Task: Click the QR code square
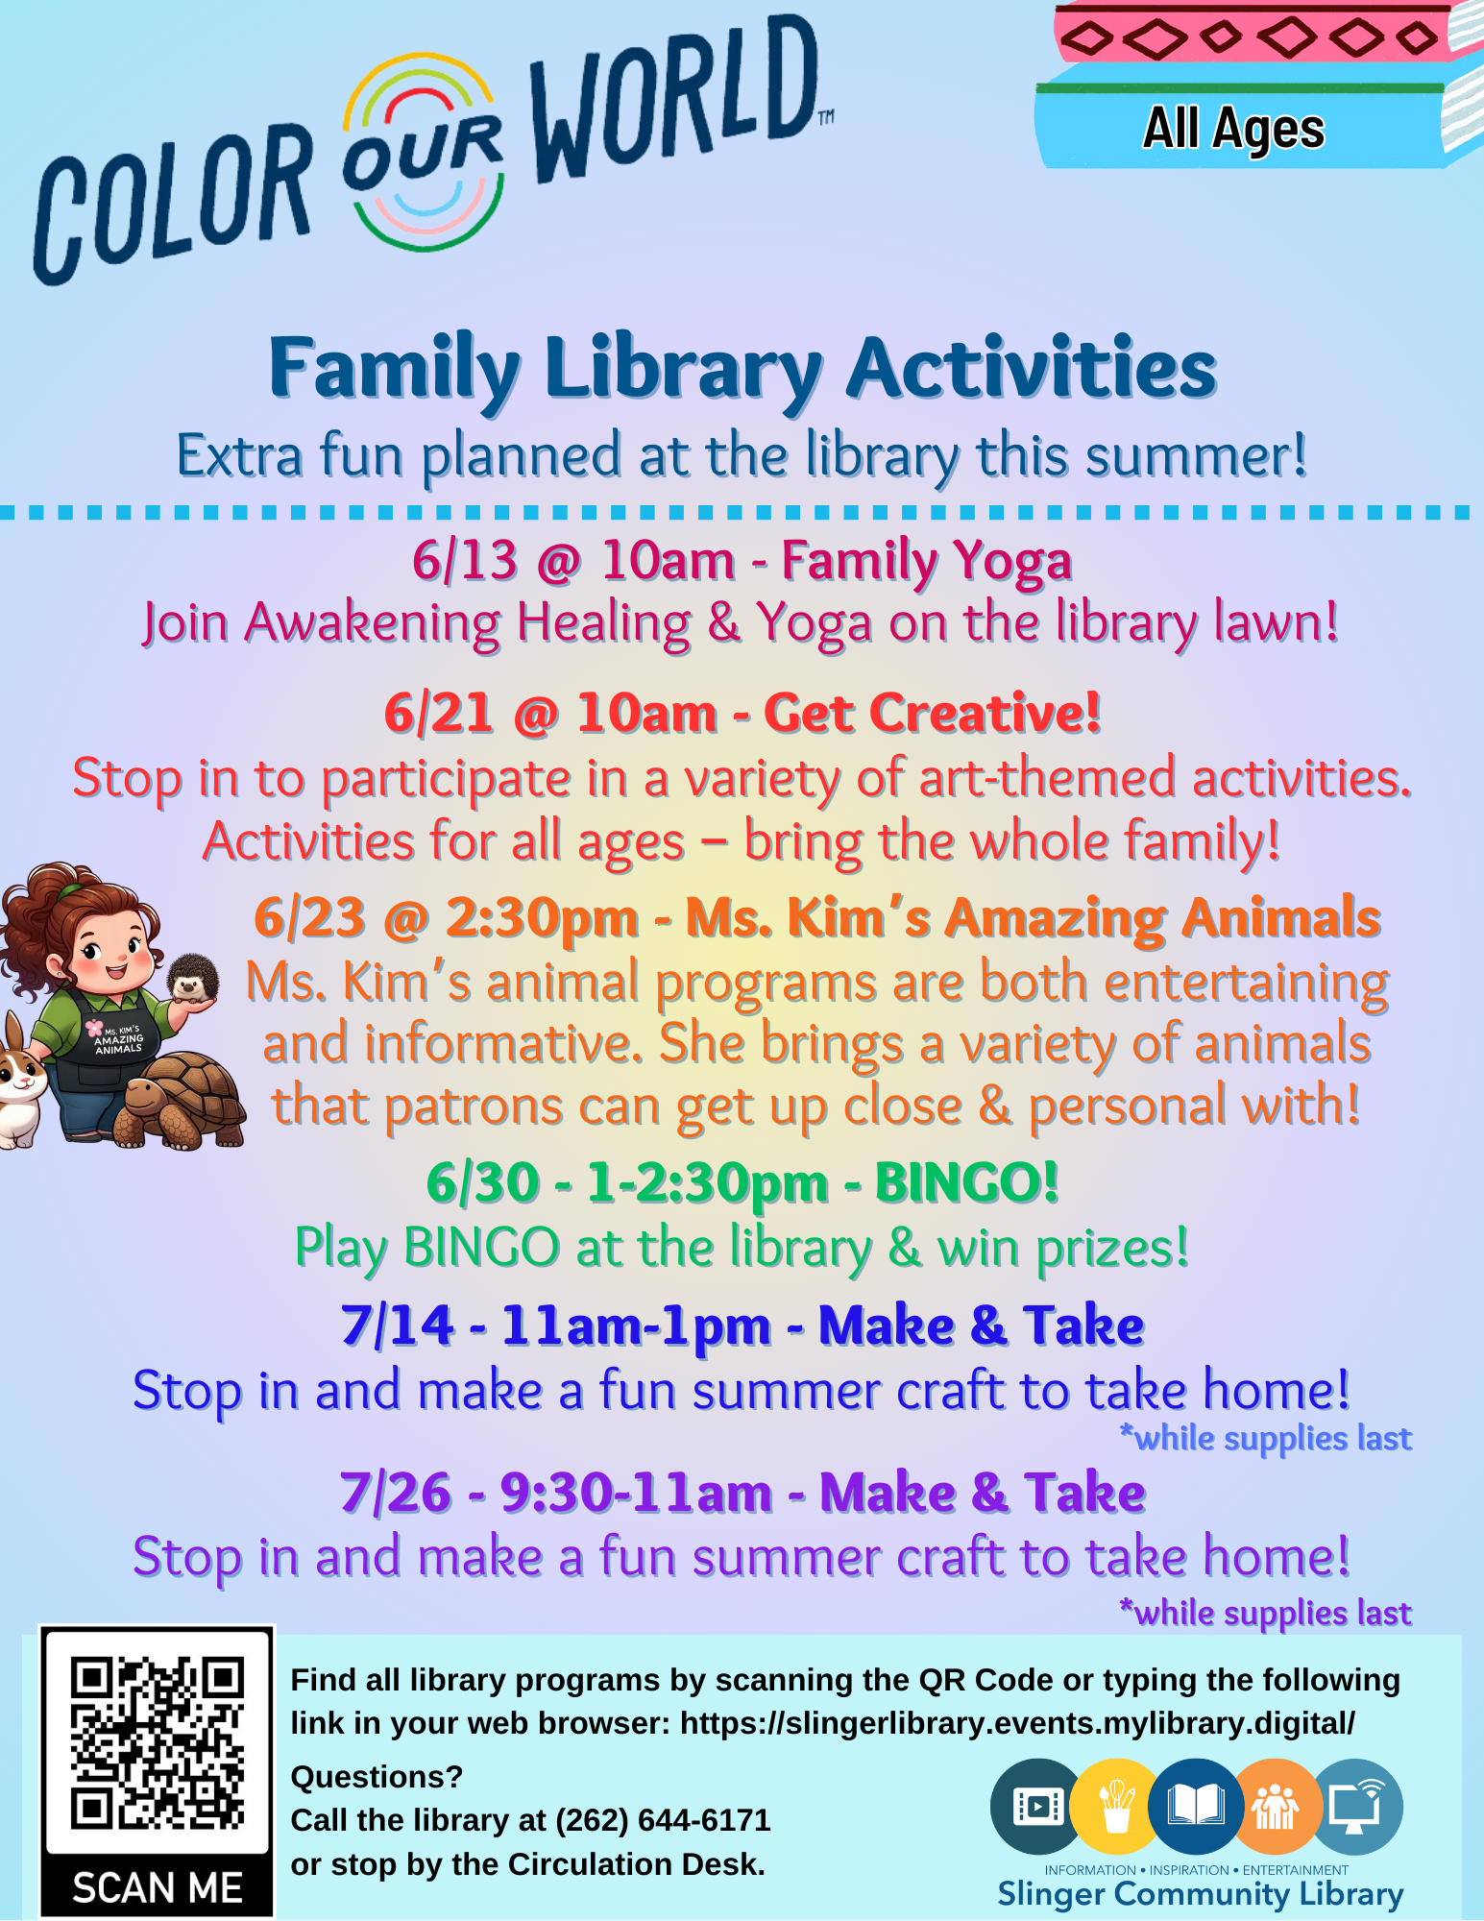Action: [x=158, y=1742]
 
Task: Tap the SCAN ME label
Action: [x=158, y=1887]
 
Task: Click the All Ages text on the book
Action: [x=1233, y=129]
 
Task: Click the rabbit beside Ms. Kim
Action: [x=21, y=1081]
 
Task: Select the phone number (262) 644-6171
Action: [x=663, y=1820]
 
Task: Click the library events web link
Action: [x=1018, y=1723]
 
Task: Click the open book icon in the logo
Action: [x=1195, y=1807]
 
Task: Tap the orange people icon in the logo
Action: [x=1275, y=1807]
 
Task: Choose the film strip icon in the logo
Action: [x=1036, y=1807]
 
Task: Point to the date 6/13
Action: [x=465, y=560]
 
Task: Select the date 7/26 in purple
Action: [x=396, y=1493]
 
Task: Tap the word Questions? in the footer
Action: [x=377, y=1777]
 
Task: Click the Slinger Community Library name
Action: [x=1200, y=1894]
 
